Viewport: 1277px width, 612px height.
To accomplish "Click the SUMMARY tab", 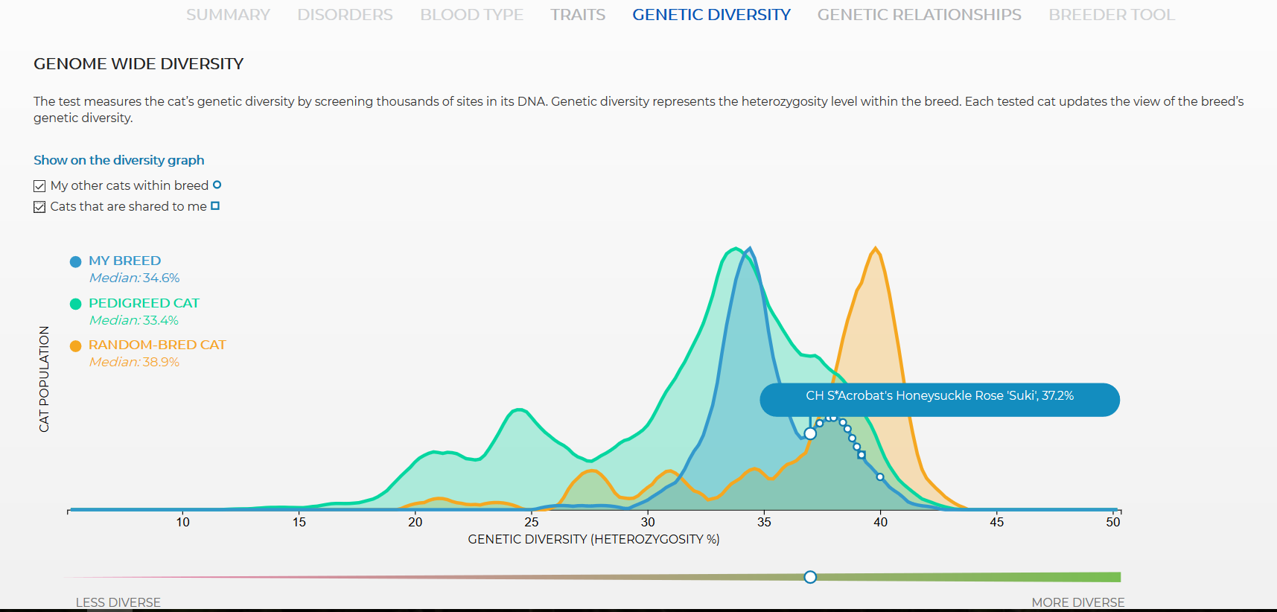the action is [228, 15].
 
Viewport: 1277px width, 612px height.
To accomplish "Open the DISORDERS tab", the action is [345, 15].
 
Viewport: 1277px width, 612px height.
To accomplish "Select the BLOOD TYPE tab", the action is [471, 15].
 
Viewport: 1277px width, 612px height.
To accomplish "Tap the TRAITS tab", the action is [578, 15].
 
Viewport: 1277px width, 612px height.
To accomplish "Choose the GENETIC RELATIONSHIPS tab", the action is [919, 15].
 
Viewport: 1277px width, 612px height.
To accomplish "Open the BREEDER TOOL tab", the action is [1112, 15].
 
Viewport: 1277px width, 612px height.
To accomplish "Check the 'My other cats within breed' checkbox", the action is [39, 186].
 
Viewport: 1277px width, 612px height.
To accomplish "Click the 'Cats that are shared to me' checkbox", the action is [39, 207].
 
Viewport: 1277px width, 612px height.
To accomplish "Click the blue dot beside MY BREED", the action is [75, 261].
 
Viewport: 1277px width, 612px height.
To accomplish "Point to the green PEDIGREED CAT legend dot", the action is [75, 304].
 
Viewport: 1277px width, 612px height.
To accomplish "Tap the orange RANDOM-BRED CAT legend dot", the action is [75, 345].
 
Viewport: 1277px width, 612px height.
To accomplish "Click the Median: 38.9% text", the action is [134, 362].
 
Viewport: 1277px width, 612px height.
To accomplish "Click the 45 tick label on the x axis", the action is [996, 522].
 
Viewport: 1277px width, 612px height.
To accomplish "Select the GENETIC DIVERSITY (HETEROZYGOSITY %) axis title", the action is [593, 539].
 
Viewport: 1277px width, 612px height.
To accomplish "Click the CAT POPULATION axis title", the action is [44, 379].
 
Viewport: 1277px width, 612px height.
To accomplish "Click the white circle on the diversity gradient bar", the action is [810, 577].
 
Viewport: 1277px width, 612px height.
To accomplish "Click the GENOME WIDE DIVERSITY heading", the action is [138, 64].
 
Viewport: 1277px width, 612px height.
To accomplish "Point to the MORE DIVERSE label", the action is [1077, 602].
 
